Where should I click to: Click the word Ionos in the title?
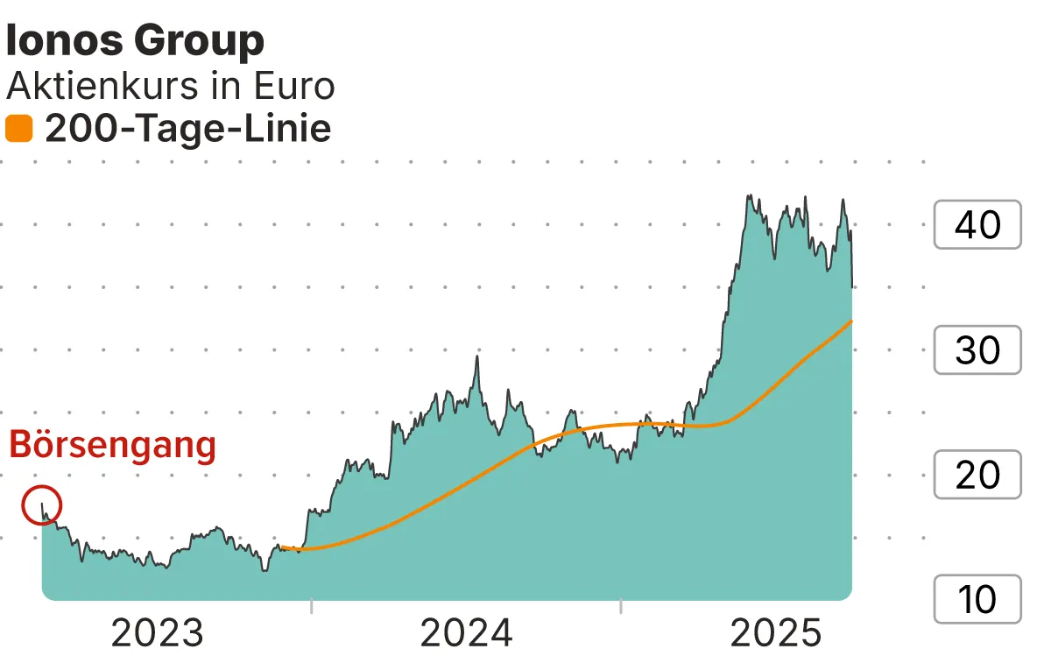(x=65, y=41)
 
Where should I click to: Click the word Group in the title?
(x=199, y=41)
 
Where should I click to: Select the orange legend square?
(x=18, y=130)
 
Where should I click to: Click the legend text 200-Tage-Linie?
(x=187, y=130)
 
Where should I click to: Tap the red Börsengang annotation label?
(x=112, y=445)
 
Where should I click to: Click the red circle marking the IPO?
(x=41, y=505)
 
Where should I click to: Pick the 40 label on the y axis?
(x=977, y=225)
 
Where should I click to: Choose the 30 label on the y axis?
(x=977, y=350)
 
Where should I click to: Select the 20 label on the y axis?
(x=977, y=476)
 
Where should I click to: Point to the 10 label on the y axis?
(x=977, y=600)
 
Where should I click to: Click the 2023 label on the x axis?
(x=157, y=633)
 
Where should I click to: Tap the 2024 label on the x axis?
(x=466, y=633)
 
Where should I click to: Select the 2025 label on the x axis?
(x=776, y=633)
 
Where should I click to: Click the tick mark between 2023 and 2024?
(x=311, y=606)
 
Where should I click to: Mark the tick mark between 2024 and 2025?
(x=620, y=606)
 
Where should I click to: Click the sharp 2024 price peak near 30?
(x=476, y=356)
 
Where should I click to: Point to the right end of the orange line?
(x=851, y=321)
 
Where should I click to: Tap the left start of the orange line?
(x=282, y=547)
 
